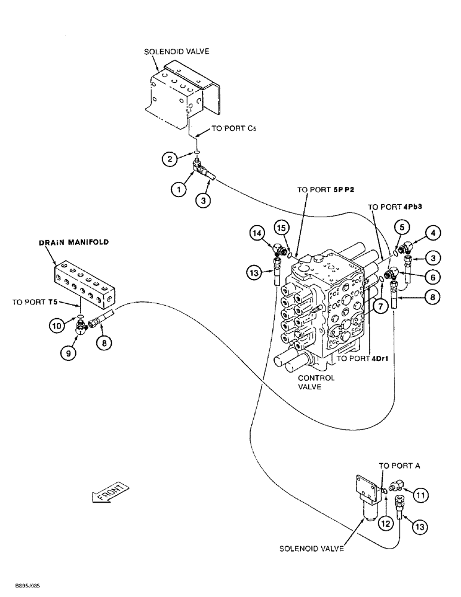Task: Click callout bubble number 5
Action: point(402,227)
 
